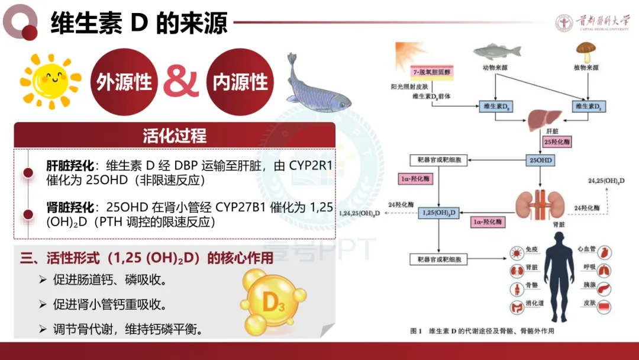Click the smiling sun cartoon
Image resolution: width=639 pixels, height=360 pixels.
50,79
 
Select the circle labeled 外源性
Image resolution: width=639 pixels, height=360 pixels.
124,82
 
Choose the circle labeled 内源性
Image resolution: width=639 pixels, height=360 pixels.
240,82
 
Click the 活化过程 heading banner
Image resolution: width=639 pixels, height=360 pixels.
175,136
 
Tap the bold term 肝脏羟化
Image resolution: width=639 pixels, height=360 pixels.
70,166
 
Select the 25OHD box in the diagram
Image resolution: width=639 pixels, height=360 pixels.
542,160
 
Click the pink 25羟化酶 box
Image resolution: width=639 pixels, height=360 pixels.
558,142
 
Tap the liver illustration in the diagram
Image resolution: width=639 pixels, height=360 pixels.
541,118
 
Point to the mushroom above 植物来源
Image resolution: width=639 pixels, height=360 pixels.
586,52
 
